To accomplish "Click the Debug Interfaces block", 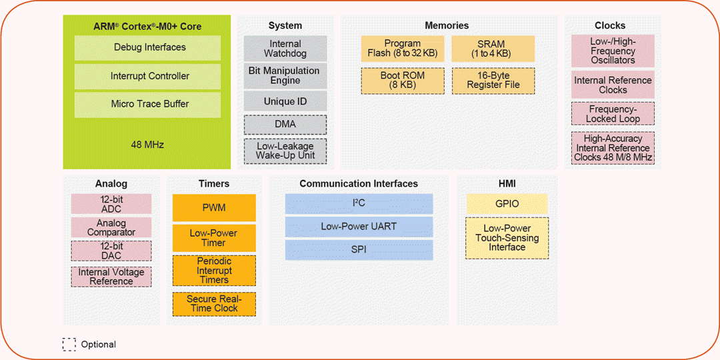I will pyautogui.click(x=147, y=48).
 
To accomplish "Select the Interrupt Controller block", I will pyautogui.click(x=147, y=76).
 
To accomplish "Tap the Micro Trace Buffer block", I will pyautogui.click(x=147, y=104).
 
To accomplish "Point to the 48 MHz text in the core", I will pyautogui.click(x=147, y=144).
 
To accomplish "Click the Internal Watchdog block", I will pyautogui.click(x=285, y=49).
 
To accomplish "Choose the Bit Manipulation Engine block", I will pyautogui.click(x=285, y=75).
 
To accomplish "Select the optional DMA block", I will pyautogui.click(x=285, y=125).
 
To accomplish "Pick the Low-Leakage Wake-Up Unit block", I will pyautogui.click(x=285, y=151).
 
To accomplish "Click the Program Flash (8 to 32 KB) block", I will pyautogui.click(x=402, y=49).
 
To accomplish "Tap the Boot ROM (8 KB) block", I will pyautogui.click(x=402, y=81).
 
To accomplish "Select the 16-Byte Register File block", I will pyautogui.click(x=493, y=81).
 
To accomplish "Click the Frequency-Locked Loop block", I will pyautogui.click(x=613, y=113).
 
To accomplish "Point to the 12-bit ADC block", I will pyautogui.click(x=111, y=204).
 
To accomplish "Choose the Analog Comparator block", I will pyautogui.click(x=111, y=227).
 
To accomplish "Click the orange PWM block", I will pyautogui.click(x=214, y=208).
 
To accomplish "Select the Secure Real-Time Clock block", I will pyautogui.click(x=214, y=304).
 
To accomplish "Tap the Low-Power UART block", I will pyautogui.click(x=359, y=227).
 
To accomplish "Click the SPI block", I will pyautogui.click(x=359, y=250).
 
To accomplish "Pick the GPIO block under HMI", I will pyautogui.click(x=507, y=204).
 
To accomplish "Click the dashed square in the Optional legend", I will pyautogui.click(x=69, y=344).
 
